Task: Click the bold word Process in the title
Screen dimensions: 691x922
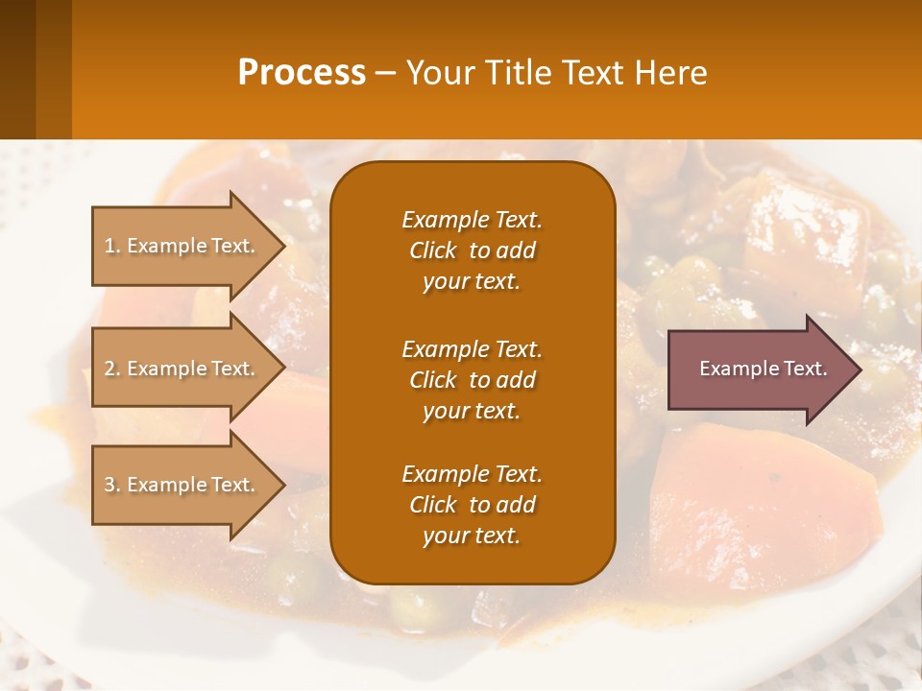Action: click(302, 73)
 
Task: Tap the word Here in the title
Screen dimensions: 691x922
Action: click(671, 73)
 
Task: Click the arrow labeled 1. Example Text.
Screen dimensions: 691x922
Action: click(182, 246)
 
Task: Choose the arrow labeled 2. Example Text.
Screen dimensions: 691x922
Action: click(182, 369)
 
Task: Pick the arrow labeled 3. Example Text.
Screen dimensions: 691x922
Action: click(182, 485)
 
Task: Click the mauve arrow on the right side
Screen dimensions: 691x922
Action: click(759, 369)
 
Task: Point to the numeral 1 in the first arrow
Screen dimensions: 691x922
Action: click(109, 246)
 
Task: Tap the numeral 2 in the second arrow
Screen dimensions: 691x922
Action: click(110, 369)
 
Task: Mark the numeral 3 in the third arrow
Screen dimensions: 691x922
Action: click(110, 485)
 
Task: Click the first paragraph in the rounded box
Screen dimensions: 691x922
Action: click(472, 250)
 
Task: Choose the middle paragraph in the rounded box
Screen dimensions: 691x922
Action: click(472, 379)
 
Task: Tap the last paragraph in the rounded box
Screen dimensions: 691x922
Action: click(472, 505)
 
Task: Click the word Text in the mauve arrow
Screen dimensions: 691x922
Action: click(805, 369)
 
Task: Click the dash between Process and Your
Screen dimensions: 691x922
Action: click(385, 73)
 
